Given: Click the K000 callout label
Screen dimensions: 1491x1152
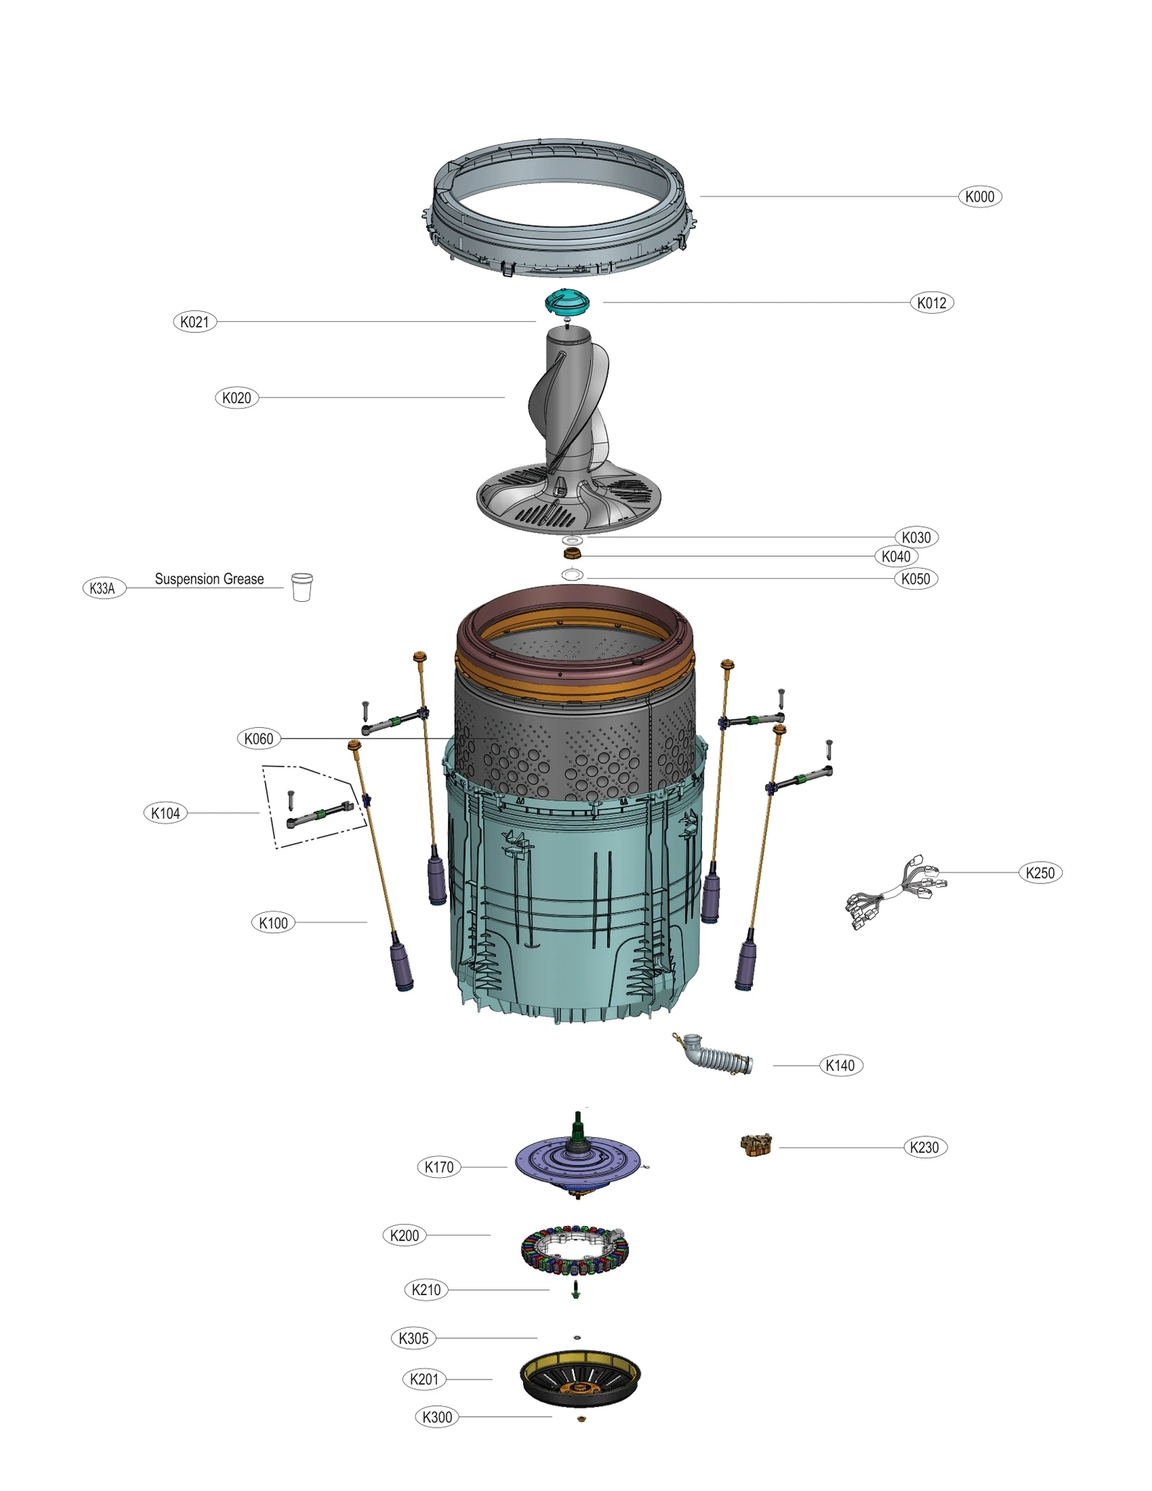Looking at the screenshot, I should [x=979, y=197].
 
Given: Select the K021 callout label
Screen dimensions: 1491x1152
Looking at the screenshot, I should [x=194, y=322].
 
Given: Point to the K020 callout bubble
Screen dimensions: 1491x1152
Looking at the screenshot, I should [x=236, y=397].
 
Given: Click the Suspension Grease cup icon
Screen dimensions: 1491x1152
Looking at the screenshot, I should [x=302, y=587].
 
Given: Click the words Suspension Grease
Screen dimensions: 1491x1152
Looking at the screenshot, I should [x=209, y=579].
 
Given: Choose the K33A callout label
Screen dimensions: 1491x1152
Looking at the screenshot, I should [x=103, y=588].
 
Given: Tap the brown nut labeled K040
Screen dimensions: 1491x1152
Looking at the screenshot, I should [x=572, y=553].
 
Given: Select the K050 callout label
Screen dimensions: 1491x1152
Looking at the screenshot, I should [x=915, y=579].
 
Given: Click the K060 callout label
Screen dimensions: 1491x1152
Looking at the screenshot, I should [x=258, y=739].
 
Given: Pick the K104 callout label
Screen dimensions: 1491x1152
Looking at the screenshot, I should [x=165, y=813].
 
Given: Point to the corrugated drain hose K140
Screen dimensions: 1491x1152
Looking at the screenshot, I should [x=720, y=1057].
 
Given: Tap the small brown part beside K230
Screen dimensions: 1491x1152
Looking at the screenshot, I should [x=756, y=1145].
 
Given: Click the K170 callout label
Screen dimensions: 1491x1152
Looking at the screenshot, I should [x=438, y=1167].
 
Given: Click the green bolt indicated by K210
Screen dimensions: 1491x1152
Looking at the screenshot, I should [x=575, y=1289].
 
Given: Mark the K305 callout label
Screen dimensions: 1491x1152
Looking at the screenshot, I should [x=413, y=1338].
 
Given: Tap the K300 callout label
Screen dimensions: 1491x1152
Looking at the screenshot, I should [x=436, y=1417].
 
